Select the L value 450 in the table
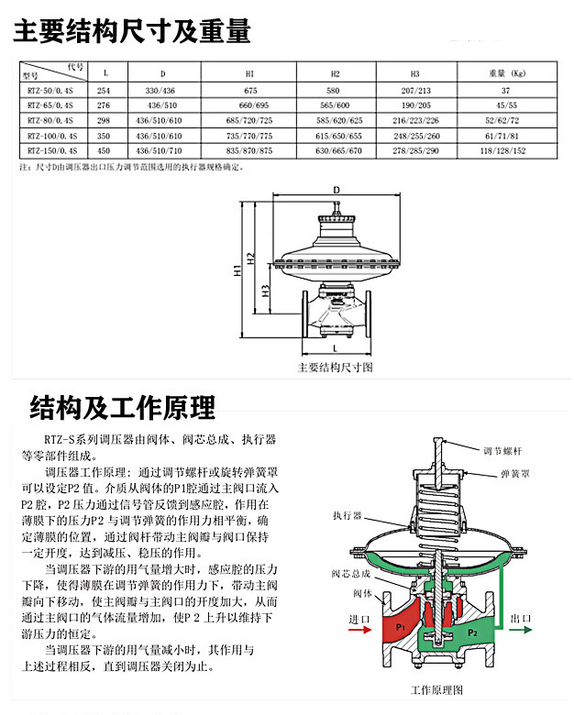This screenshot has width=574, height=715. [104, 149]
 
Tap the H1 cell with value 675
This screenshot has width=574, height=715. [249, 92]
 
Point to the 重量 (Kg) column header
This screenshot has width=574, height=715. [505, 71]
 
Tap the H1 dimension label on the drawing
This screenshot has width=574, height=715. [237, 272]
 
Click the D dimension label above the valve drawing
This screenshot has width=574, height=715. [336, 191]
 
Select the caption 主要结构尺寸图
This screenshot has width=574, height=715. [336, 367]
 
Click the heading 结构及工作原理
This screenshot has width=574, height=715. [122, 406]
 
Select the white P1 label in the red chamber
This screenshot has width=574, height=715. [400, 626]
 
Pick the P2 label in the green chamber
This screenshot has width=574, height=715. [472, 632]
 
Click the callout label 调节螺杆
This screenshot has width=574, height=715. [504, 452]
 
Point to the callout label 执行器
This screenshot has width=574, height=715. [348, 516]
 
